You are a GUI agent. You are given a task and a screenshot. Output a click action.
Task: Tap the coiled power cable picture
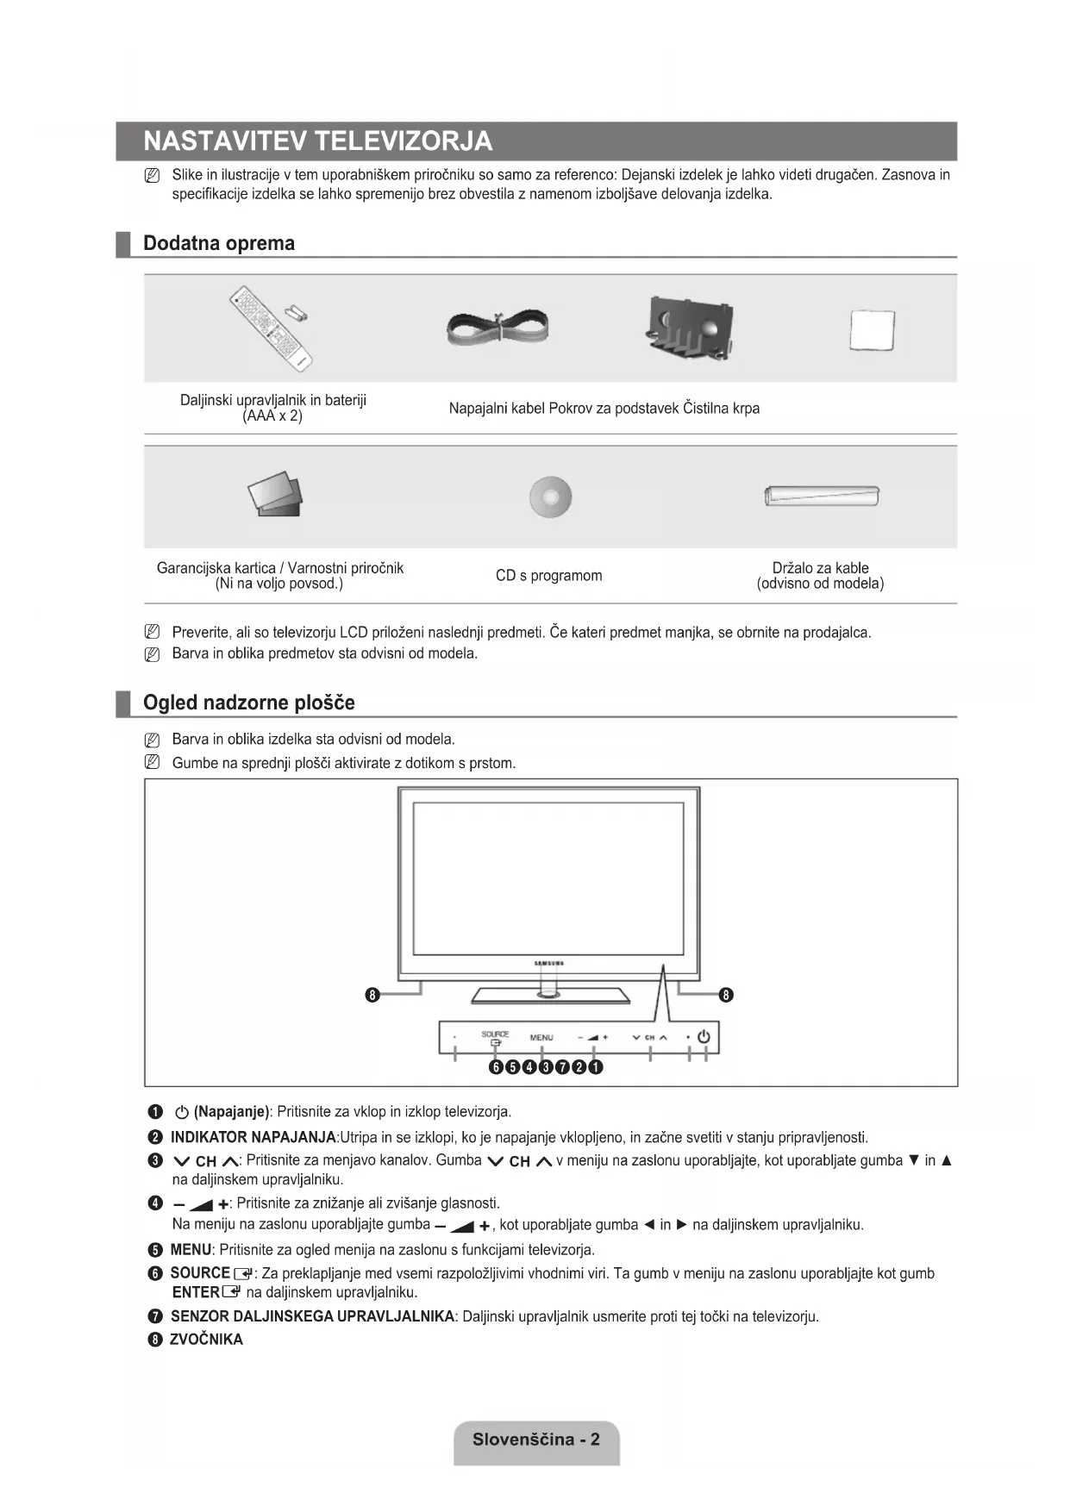497,328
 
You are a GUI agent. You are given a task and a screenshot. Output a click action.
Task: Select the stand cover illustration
691,327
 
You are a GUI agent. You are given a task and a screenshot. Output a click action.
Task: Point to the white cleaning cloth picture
872,330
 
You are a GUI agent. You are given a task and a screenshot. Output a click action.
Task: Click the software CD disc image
550,497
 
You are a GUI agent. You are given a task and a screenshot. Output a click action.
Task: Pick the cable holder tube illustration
821,496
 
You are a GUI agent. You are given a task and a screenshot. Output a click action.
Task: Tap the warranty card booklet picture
276,496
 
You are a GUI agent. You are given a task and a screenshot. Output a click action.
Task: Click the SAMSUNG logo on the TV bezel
549,963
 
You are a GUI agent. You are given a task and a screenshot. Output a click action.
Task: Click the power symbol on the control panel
704,1036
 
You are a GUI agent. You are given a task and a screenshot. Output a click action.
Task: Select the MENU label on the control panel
541,1037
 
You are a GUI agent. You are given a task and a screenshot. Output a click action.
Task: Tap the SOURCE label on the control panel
495,1034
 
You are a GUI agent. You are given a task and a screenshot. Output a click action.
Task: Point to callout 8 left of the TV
372,995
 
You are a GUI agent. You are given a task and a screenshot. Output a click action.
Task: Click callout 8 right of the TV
726,995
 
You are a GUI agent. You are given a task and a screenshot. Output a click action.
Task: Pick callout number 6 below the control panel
496,1067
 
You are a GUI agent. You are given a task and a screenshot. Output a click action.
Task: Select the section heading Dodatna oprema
219,243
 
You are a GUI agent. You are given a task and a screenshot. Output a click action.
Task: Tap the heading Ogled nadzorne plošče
248,703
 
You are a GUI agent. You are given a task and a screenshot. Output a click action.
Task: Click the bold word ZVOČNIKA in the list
207,1340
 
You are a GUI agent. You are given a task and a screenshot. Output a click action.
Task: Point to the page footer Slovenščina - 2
536,1439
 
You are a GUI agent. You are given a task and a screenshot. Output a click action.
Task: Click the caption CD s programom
548,575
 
